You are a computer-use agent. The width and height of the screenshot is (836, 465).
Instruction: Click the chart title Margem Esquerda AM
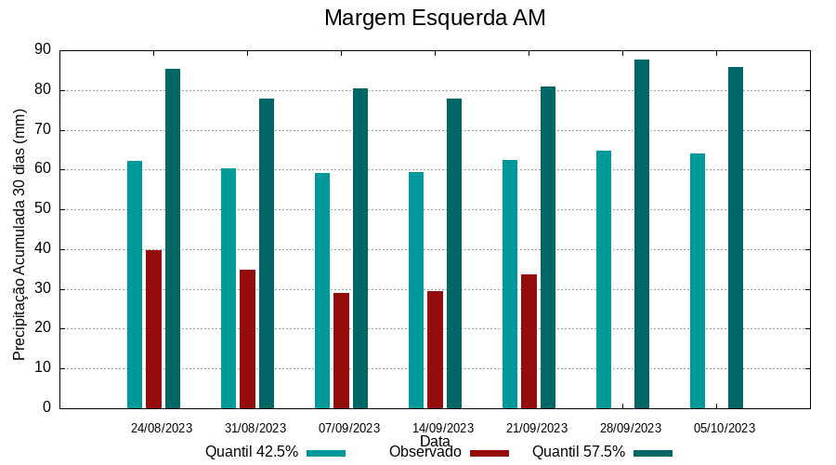[435, 18]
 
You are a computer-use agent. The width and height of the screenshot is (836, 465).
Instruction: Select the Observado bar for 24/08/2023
[153, 329]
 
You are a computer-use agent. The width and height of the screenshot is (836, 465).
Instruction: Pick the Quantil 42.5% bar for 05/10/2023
[698, 281]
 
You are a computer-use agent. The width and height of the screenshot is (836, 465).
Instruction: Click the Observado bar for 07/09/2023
[341, 351]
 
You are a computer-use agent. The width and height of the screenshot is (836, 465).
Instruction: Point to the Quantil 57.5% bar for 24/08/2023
[173, 238]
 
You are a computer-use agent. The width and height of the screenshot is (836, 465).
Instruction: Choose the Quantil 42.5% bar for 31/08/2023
[229, 288]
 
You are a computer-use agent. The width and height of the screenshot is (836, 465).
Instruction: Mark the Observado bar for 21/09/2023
[529, 341]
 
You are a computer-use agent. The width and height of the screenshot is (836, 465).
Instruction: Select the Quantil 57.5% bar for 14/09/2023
[454, 253]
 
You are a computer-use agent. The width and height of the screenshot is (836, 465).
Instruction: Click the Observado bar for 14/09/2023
[435, 350]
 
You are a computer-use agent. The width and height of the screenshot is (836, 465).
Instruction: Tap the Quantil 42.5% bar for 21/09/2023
[510, 284]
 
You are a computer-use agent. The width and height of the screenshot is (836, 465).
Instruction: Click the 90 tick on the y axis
[43, 50]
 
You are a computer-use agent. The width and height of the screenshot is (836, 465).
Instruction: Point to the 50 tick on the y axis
[43, 209]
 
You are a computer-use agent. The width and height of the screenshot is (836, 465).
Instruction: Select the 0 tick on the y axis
[46, 407]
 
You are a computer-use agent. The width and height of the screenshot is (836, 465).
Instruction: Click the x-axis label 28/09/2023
[631, 428]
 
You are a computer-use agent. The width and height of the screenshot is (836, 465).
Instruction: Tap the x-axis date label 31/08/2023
[255, 428]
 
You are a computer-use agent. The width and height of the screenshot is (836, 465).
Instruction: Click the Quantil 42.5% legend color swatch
[326, 453]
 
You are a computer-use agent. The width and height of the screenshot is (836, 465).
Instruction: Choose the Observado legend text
[425, 452]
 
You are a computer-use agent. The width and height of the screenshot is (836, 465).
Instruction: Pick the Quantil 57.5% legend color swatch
[653, 453]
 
